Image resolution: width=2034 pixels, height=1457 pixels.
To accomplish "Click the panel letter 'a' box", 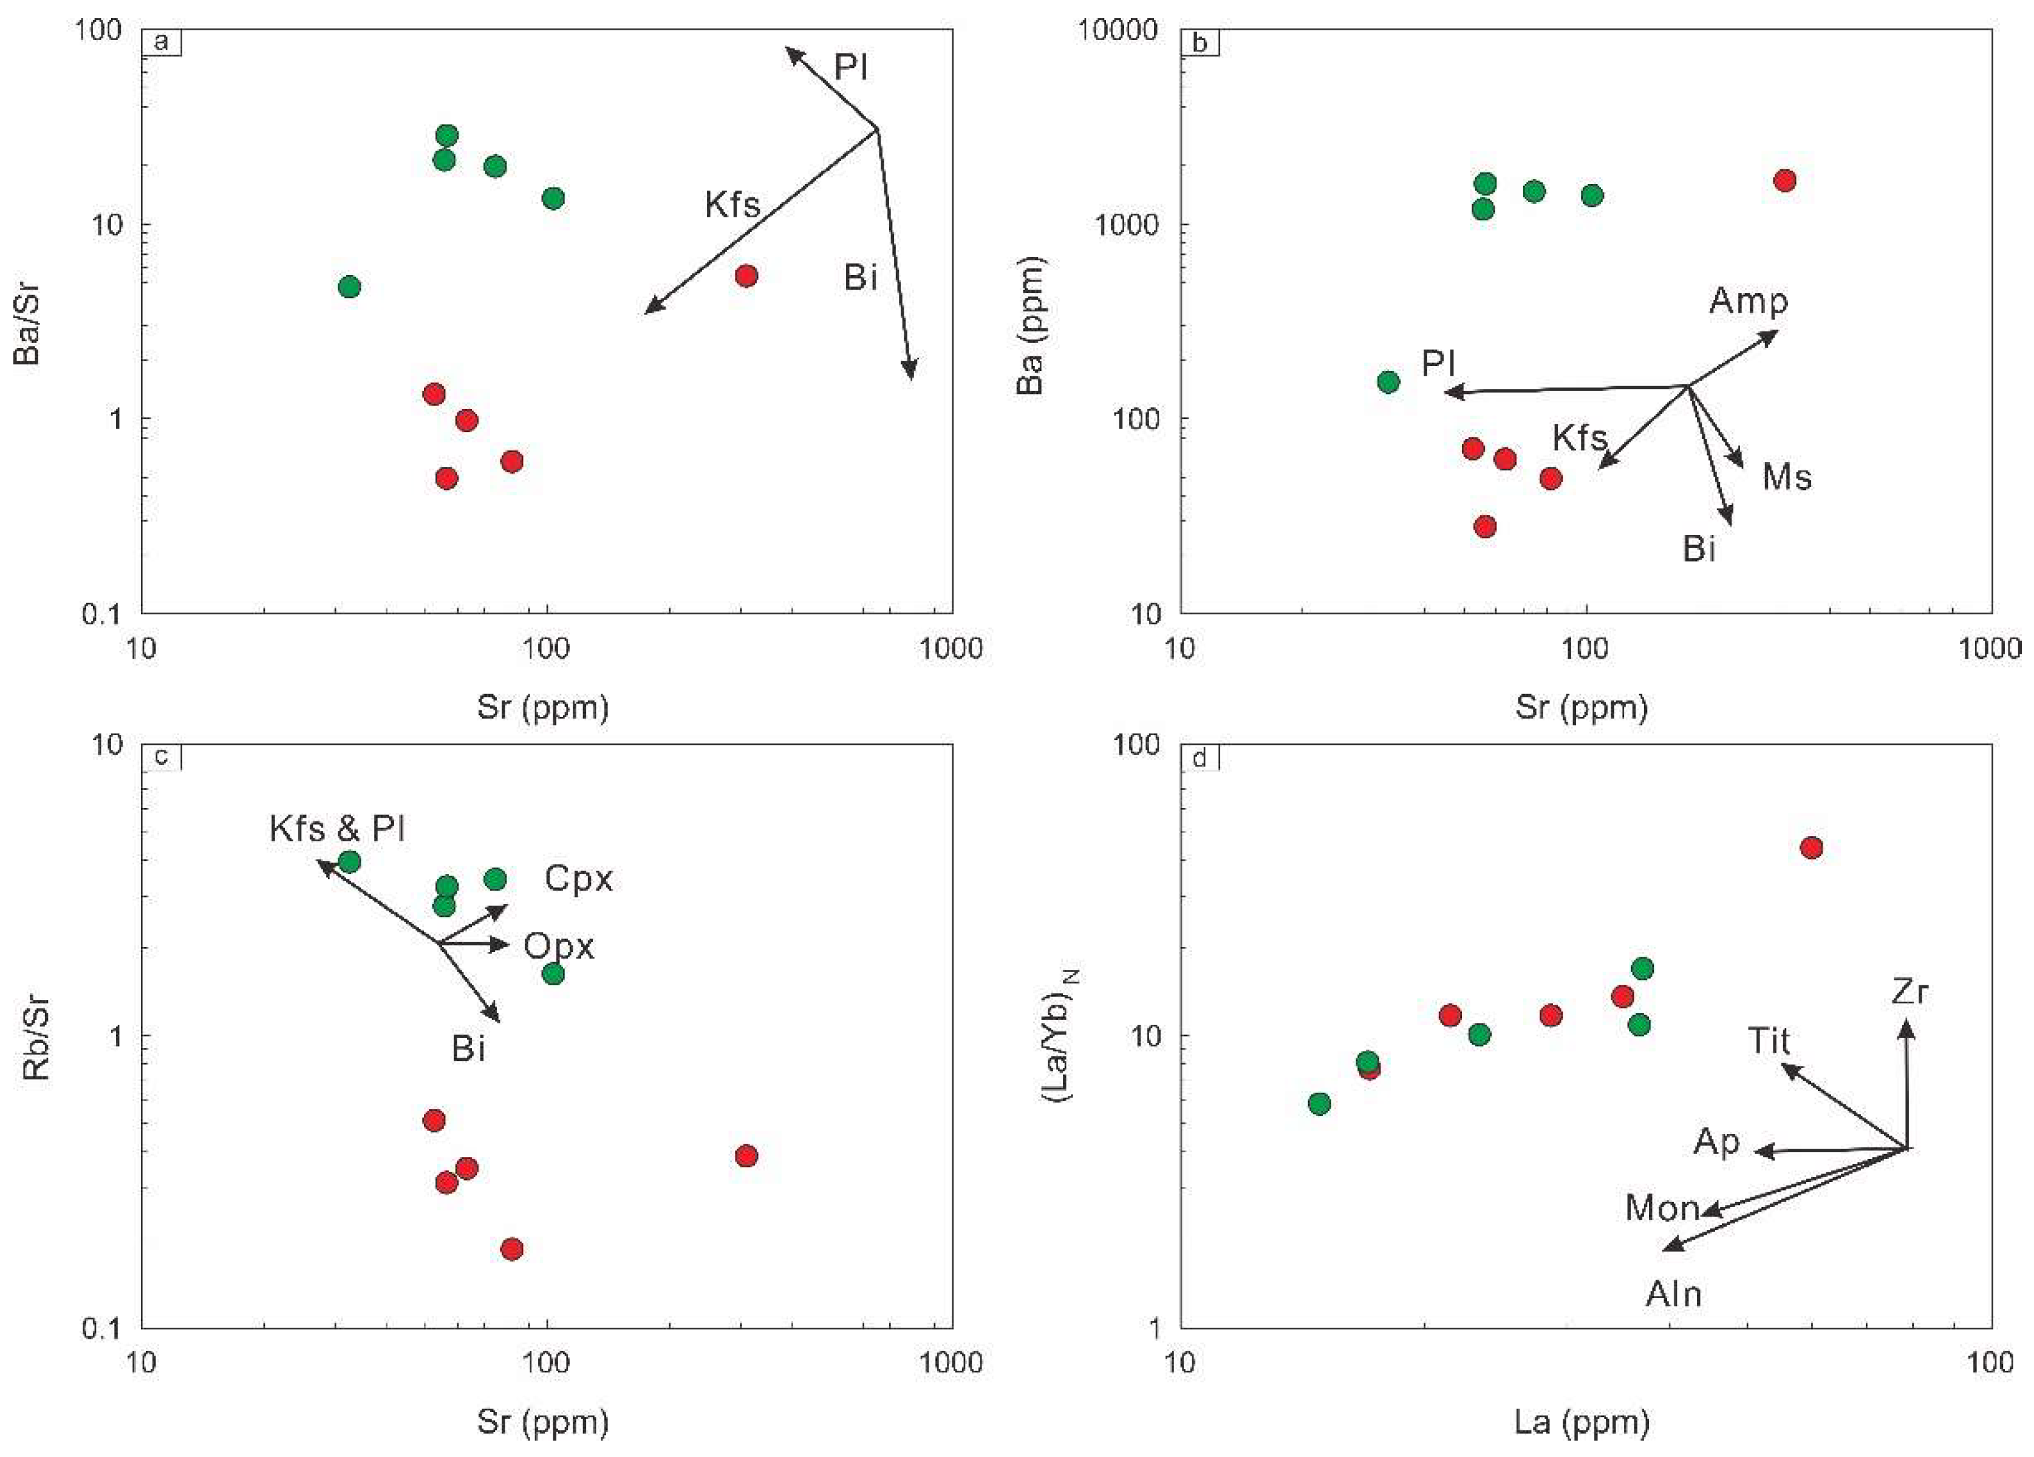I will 162,42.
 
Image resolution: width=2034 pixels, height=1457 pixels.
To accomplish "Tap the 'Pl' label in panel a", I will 850,67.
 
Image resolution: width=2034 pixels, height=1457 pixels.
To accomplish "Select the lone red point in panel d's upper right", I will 1812,847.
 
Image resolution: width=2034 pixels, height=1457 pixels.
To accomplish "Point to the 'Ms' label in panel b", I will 1786,477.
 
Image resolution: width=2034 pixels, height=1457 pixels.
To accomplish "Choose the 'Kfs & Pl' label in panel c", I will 337,829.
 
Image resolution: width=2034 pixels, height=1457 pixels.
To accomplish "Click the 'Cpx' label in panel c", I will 578,878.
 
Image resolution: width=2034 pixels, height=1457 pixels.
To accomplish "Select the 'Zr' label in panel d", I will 1909,991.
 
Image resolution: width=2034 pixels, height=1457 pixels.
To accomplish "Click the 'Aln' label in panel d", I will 1673,1294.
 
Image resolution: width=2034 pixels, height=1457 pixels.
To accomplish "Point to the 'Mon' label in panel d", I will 1662,1209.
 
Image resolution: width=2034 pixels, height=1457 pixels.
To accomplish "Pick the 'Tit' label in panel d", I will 1769,1041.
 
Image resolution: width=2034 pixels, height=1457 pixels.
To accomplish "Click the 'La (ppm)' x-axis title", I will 1582,1421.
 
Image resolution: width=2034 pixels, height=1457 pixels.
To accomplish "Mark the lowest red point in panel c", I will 511,1249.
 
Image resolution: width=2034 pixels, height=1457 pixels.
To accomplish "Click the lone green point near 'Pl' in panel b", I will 1387,382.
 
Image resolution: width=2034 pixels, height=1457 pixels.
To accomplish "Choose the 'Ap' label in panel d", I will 1716,1141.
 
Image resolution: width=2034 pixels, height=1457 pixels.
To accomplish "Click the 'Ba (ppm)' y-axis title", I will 1031,325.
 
